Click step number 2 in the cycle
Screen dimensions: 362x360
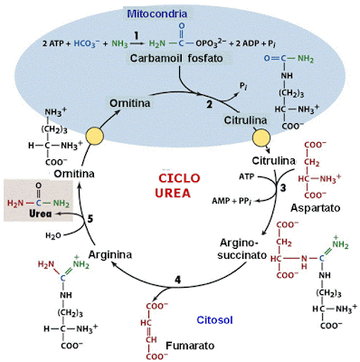pos(207,103)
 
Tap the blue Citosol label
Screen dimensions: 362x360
pos(216,319)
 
